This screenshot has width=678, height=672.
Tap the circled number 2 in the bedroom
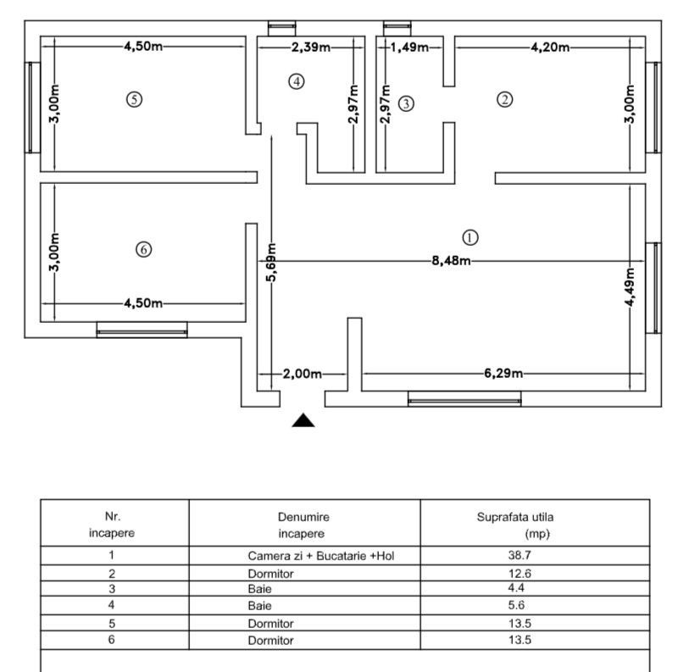tap(504, 99)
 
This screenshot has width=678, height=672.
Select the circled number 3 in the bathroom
tap(407, 103)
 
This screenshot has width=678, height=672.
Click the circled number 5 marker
tap(133, 99)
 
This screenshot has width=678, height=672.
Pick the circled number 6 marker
tap(143, 249)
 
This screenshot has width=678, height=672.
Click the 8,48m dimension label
tap(450, 260)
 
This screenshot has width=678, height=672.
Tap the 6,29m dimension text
tap(503, 373)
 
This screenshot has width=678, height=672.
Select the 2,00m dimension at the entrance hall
tap(303, 373)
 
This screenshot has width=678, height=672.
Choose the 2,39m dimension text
tap(311, 47)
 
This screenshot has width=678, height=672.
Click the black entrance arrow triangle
tap(303, 420)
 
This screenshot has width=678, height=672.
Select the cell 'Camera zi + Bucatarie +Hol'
tap(321, 557)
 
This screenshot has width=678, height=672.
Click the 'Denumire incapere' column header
tap(303, 525)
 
